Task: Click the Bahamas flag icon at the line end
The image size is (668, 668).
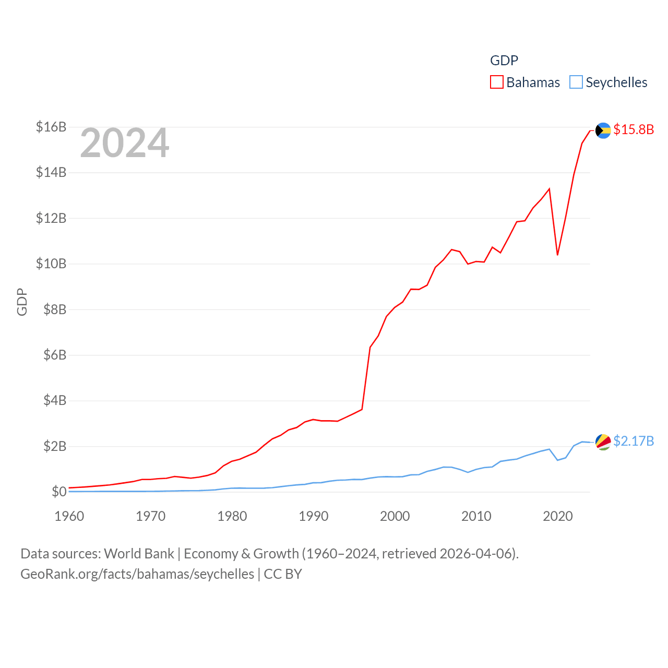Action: (603, 130)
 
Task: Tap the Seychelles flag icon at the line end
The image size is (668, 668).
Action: (603, 442)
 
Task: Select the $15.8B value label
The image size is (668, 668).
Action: (634, 129)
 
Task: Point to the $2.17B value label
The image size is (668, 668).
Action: (634, 441)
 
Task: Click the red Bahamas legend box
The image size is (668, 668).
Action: (497, 82)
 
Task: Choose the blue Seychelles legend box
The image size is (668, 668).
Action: (576, 82)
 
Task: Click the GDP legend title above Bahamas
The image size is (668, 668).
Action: (504, 61)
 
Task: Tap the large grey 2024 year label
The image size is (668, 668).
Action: (125, 143)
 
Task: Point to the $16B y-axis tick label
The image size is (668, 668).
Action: (51, 127)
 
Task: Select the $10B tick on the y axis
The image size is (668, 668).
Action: (51, 264)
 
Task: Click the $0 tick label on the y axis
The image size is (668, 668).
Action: (59, 492)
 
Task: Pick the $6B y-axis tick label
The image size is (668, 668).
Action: (55, 355)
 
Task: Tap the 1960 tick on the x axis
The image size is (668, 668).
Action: (69, 516)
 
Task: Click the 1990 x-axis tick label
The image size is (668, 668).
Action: (314, 516)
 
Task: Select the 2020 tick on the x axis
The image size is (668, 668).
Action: (558, 516)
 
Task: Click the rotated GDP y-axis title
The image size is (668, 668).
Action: (22, 302)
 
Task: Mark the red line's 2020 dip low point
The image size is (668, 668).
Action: (557, 254)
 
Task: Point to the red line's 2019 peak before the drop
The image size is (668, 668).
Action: (549, 189)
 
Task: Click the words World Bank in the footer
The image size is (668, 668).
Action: (139, 553)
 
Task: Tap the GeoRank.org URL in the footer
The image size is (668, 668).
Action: (137, 574)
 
